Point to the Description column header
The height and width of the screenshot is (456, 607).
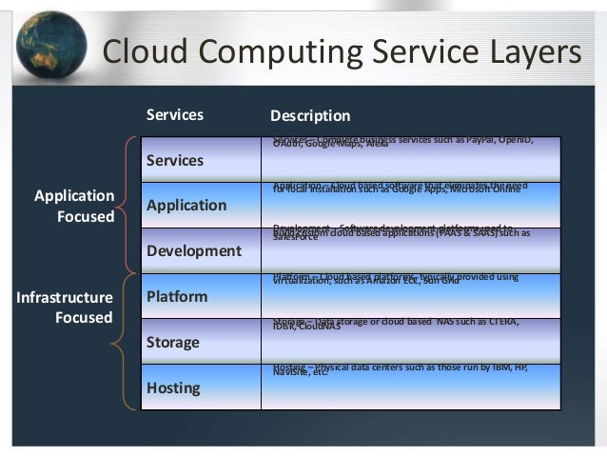pos(310,116)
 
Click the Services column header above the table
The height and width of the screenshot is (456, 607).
pos(175,115)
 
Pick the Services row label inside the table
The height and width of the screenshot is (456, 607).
pos(175,160)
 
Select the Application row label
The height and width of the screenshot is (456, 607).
pos(186,206)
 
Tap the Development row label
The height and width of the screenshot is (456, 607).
pos(194,251)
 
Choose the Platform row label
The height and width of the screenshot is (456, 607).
pos(177,297)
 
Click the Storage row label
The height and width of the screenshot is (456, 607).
pos(173,343)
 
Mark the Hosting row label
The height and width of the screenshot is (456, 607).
pos(173,388)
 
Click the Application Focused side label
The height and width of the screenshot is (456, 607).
pos(74,206)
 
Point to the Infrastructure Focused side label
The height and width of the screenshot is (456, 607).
pos(65,307)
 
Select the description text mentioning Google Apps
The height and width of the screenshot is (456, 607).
pos(400,188)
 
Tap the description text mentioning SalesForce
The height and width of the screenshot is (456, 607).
pos(400,231)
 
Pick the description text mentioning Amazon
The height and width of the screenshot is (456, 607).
pos(395,278)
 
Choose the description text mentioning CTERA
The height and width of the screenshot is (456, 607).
pos(395,323)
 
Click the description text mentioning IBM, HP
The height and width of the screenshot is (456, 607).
pos(400,368)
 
